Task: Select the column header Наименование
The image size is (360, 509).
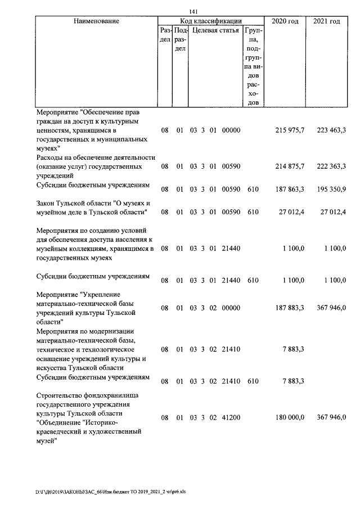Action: [96, 21]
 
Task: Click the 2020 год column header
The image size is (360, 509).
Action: [285, 21]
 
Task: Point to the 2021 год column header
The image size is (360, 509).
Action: [326, 21]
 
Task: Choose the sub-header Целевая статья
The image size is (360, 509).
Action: [215, 30]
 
